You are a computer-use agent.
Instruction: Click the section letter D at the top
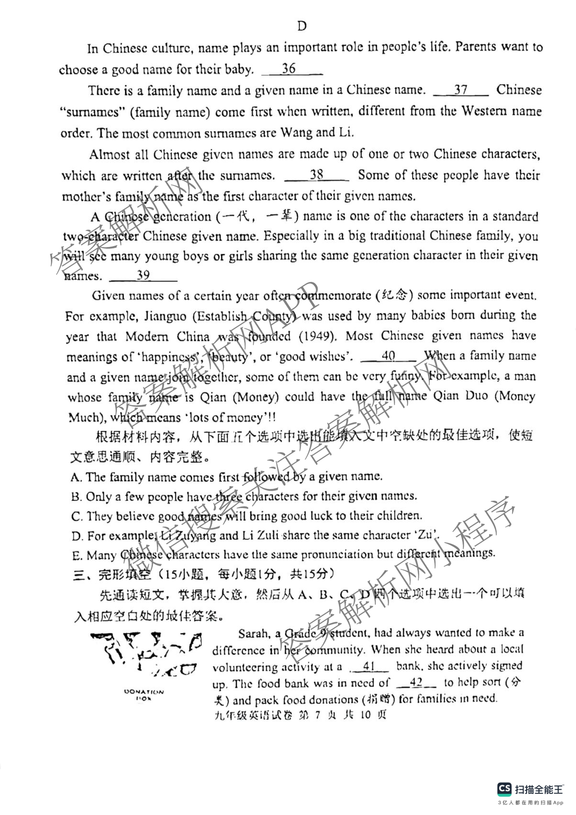[302, 26]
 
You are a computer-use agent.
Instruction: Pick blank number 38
[316, 175]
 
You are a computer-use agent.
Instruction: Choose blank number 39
[143, 275]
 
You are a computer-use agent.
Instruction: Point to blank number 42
[416, 682]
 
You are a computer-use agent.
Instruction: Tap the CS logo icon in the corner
[504, 789]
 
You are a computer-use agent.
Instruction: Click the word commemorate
[333, 295]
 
